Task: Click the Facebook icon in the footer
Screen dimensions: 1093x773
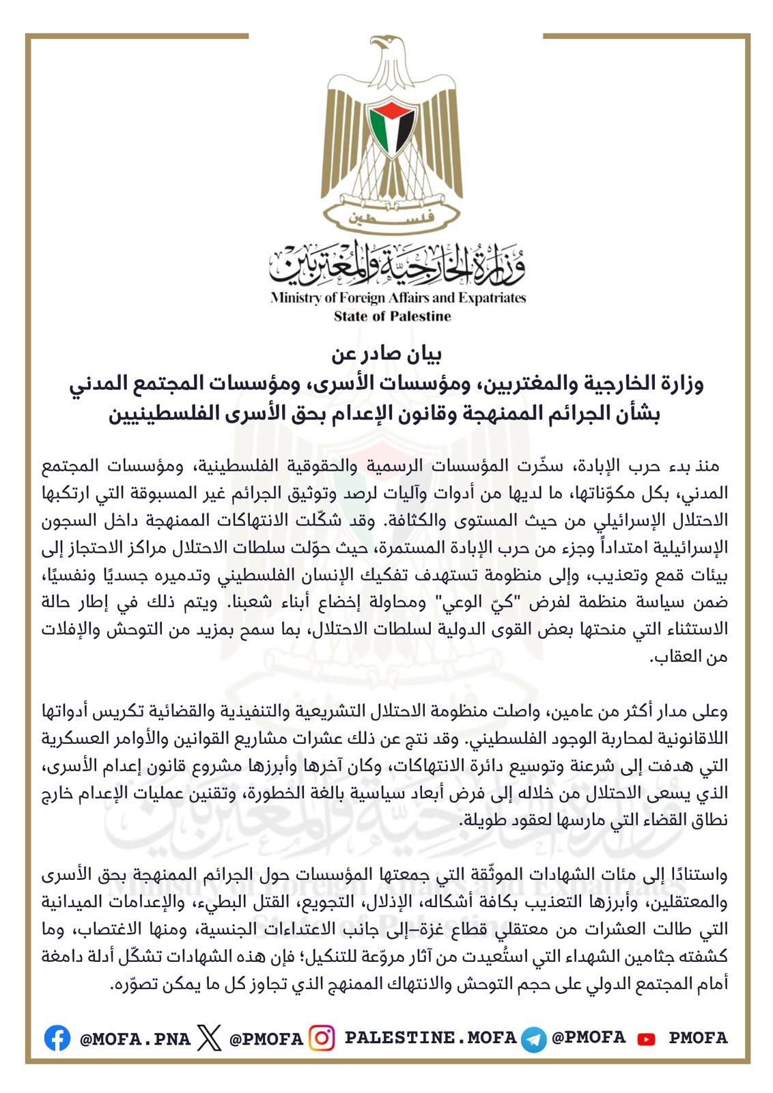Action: point(57,1038)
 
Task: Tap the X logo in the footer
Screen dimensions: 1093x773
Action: point(209,1038)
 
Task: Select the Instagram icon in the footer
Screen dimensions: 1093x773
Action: point(322,1038)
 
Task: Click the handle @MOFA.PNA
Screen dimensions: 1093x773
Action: point(135,1039)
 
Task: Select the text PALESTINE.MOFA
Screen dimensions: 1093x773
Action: point(430,1038)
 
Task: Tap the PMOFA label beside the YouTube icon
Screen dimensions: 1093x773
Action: point(698,1038)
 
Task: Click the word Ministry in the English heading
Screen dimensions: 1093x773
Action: point(295,298)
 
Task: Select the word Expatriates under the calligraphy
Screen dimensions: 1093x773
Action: point(492,298)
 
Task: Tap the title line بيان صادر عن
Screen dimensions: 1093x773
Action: point(386,354)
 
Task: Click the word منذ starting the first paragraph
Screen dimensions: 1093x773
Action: point(705,466)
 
